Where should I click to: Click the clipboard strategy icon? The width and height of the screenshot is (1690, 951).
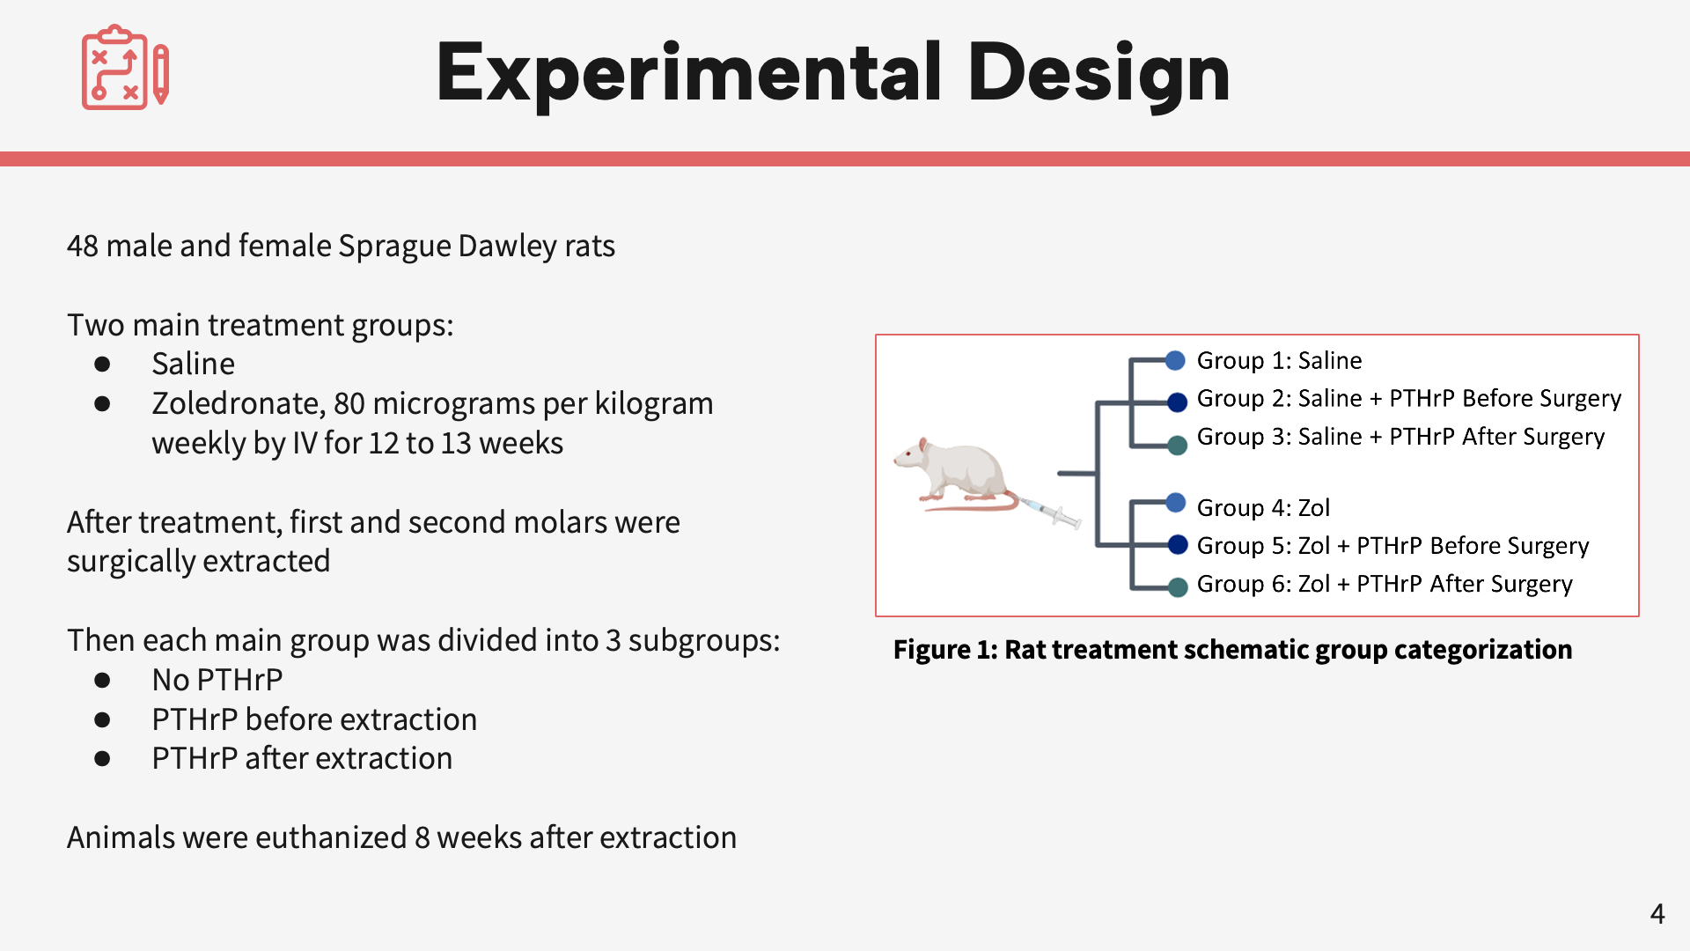pos(124,68)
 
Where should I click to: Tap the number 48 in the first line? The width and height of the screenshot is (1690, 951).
pos(82,247)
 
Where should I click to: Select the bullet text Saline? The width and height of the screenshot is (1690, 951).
pos(193,364)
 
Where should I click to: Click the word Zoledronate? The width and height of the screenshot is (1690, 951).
pos(239,403)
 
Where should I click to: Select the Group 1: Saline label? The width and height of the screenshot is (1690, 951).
pos(1278,360)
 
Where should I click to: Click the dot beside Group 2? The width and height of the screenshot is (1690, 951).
pos(1177,402)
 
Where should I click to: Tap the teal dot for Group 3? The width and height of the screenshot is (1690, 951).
pos(1177,445)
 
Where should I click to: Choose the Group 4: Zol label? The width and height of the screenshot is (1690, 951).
pos(1262,507)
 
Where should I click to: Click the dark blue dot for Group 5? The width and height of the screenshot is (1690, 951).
pos(1177,544)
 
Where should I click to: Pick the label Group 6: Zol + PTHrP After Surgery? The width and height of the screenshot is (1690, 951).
pos(1384,584)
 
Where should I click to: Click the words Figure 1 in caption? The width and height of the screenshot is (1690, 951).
pos(944,650)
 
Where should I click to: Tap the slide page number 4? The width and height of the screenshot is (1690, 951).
pos(1657,914)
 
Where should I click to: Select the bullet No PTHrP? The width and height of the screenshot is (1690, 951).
pos(217,680)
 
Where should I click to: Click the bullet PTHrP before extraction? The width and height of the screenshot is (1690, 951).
pos(313,719)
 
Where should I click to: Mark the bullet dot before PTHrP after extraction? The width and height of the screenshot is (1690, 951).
pos(102,758)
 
